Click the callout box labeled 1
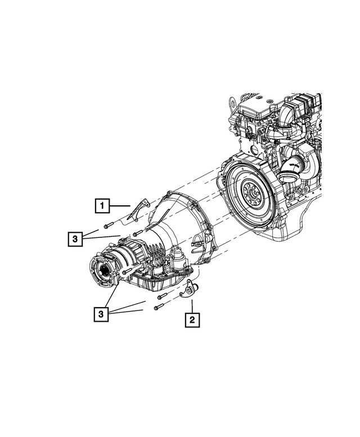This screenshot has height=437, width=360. (102, 206)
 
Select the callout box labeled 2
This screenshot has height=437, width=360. (192, 321)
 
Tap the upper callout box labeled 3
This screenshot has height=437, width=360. (74, 239)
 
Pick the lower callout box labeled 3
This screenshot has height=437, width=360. (102, 314)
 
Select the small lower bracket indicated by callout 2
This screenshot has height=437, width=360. (187, 289)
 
